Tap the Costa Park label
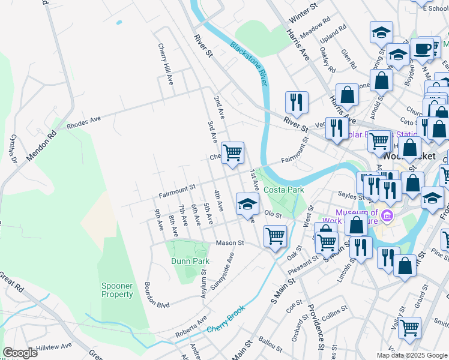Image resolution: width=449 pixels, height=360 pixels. tap(284, 190)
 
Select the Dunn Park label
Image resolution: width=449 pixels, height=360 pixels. tap(189, 262)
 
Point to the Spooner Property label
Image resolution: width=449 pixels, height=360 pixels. tap(117, 290)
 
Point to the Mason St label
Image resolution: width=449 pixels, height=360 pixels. tap(230, 243)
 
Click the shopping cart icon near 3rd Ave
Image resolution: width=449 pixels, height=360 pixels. tap(232, 152)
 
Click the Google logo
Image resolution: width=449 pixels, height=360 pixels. tap(20, 353)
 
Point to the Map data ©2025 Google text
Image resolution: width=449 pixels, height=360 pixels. tap(411, 355)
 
